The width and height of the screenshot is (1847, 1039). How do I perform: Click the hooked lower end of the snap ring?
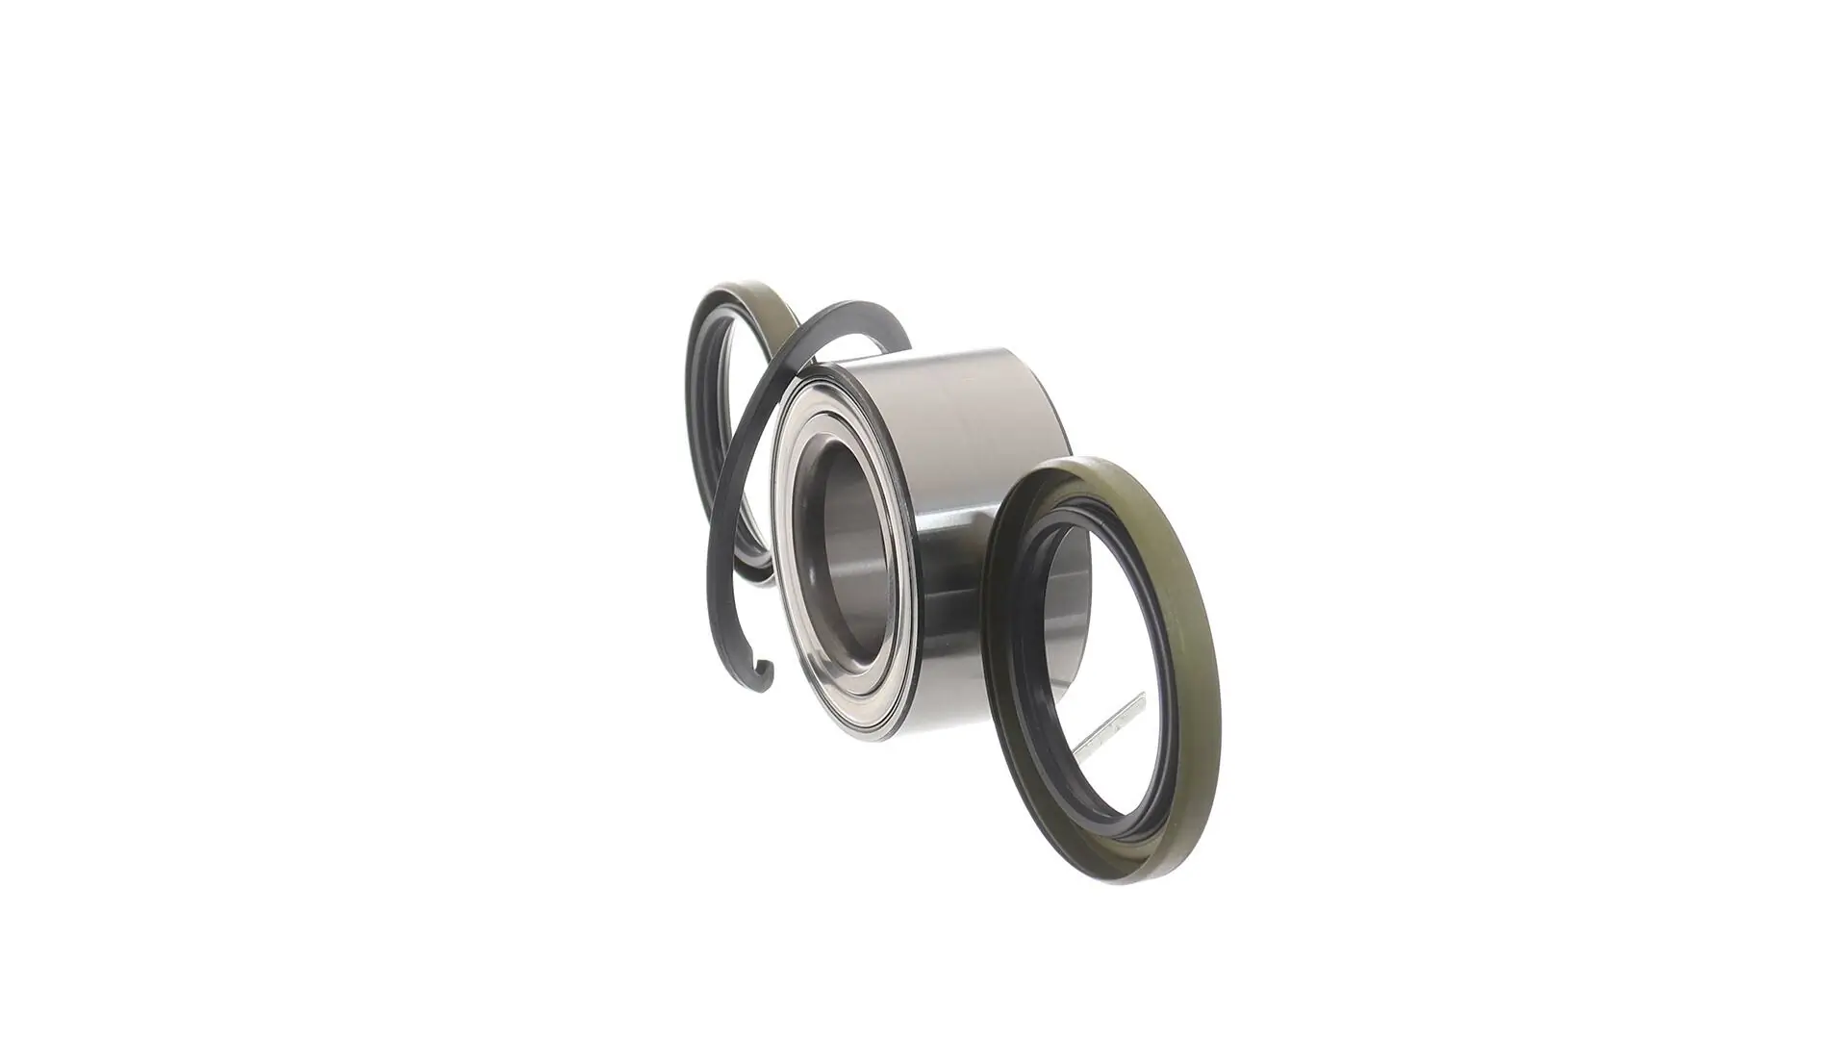coord(767,673)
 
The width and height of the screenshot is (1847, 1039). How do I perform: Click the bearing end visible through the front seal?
coord(1068,616)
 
